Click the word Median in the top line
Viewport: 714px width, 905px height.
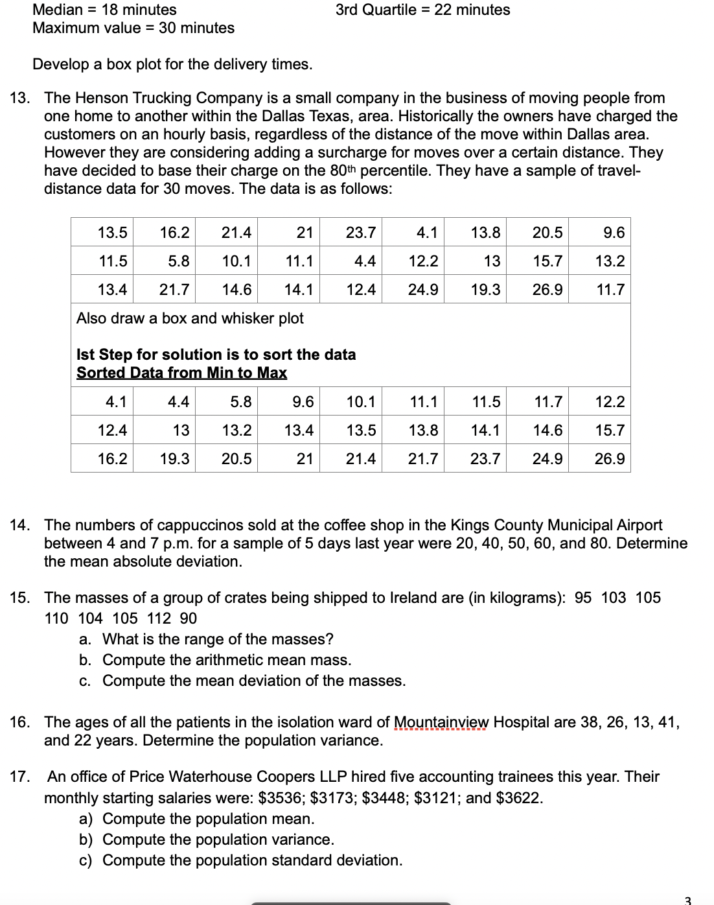58,10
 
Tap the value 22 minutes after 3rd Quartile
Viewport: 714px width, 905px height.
472,10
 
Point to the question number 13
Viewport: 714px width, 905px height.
19,98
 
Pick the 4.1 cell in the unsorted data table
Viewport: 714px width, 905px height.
426,233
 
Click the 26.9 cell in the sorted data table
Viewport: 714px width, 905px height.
609,459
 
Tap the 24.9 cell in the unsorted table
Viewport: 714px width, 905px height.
422,290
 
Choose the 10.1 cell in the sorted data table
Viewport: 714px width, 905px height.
360,402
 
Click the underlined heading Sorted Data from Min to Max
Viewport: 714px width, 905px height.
181,373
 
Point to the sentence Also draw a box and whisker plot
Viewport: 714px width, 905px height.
190,318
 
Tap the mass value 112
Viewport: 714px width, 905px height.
159,618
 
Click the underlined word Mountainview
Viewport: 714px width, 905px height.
441,722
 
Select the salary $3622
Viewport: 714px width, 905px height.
518,797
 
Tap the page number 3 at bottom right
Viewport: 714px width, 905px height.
687,900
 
